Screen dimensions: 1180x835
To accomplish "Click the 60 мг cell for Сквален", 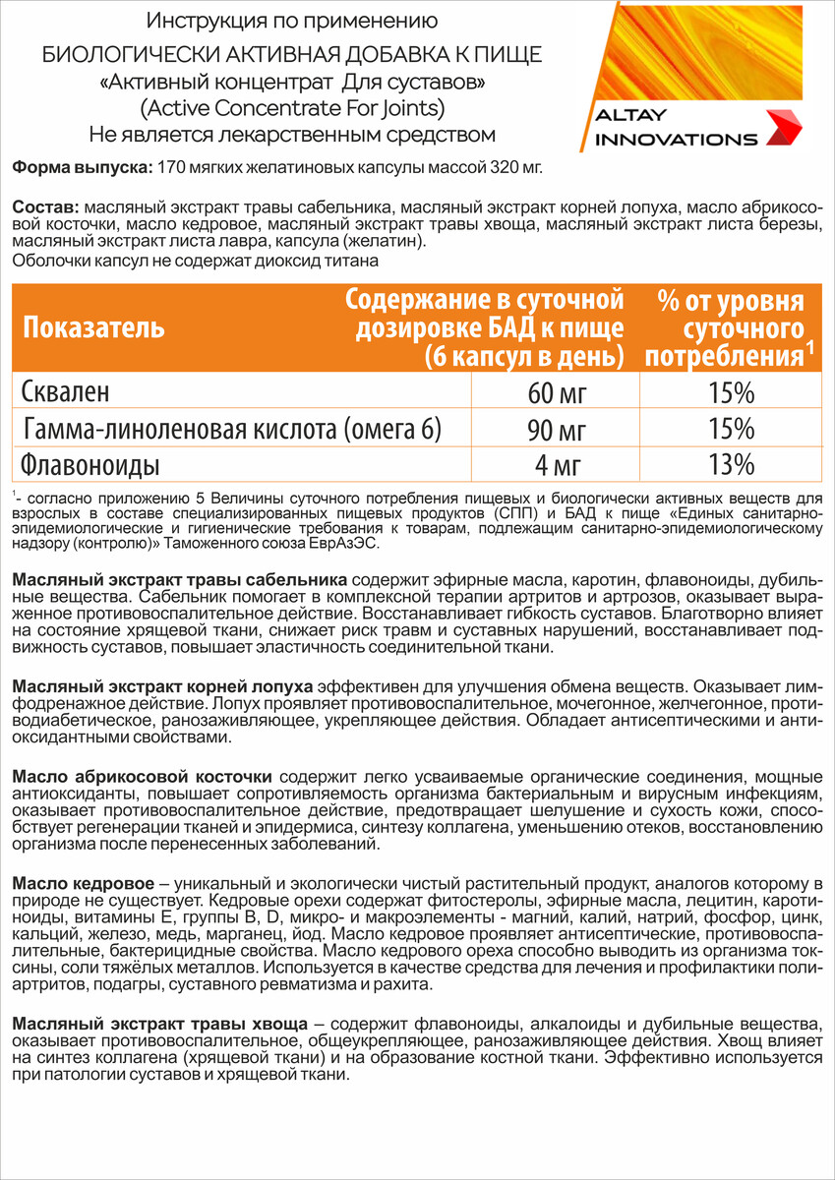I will pyautogui.click(x=557, y=393).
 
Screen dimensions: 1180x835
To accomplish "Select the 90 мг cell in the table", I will pyautogui.click(x=557, y=429).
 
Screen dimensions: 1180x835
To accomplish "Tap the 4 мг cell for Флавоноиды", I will pyautogui.click(x=557, y=463).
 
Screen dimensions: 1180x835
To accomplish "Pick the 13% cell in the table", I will pyautogui.click(x=732, y=463).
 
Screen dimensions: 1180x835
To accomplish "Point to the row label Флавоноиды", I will pyautogui.click(x=90, y=463).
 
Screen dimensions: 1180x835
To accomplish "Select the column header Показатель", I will pyautogui.click(x=93, y=328).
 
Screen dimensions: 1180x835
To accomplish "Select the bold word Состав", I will pyautogui.click(x=45, y=208).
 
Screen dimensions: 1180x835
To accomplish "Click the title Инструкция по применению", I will pyautogui.click(x=291, y=20).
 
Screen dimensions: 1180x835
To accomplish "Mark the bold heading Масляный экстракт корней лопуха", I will pyautogui.click(x=162, y=683).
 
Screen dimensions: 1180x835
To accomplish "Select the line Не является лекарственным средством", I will pyautogui.click(x=291, y=134).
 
